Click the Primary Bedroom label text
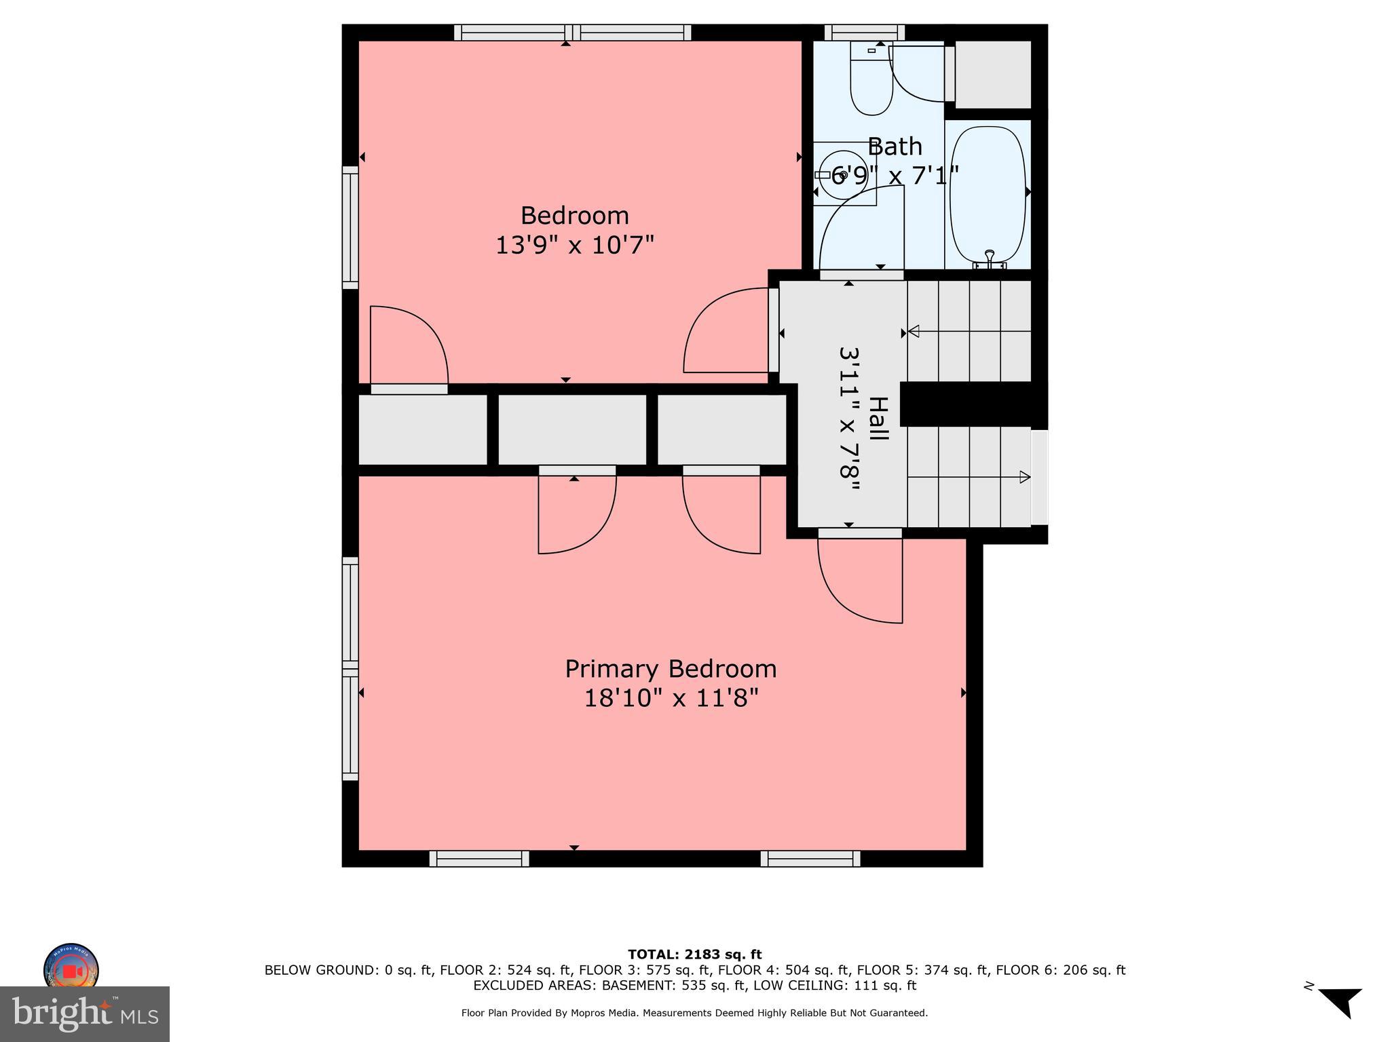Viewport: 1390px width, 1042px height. [671, 669]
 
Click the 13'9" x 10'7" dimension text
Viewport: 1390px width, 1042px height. [574, 244]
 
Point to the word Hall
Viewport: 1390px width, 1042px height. [879, 419]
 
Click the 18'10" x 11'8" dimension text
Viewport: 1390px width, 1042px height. [671, 697]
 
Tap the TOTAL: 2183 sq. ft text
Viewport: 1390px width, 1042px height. [694, 954]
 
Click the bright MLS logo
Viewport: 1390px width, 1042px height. [84, 1014]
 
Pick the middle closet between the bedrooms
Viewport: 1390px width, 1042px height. [572, 429]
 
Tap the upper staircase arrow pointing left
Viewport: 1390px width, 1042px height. [914, 331]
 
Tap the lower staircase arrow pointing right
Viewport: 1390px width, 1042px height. [1025, 477]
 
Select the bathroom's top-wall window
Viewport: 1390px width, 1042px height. [864, 32]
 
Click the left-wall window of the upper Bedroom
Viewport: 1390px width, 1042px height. [350, 227]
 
